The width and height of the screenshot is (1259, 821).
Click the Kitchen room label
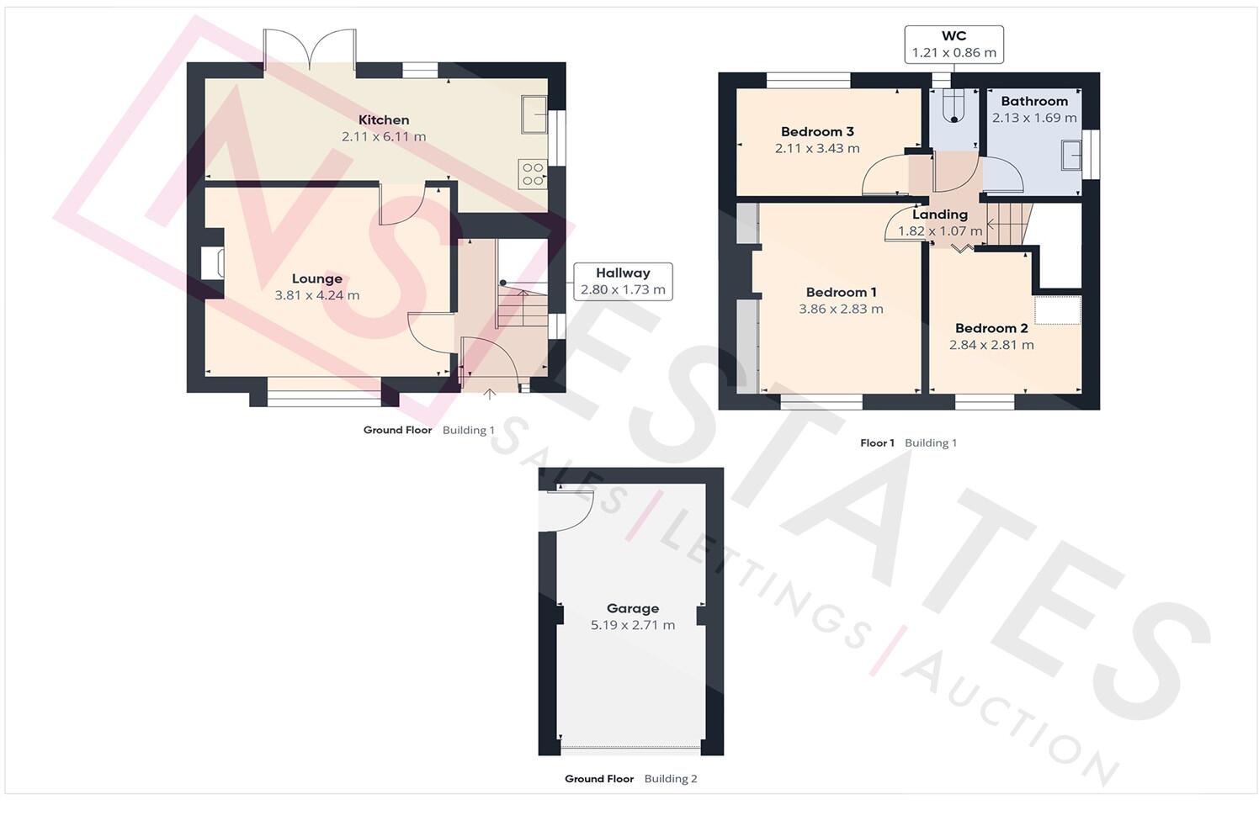(x=384, y=120)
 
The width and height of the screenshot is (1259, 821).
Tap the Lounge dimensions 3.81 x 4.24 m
(x=316, y=296)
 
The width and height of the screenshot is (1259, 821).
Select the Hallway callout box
(x=623, y=281)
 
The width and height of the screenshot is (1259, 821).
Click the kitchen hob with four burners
(x=534, y=174)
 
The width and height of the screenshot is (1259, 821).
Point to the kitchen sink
(x=534, y=115)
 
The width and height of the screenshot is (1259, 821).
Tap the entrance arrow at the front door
(x=489, y=392)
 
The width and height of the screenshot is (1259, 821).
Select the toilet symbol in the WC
(x=954, y=107)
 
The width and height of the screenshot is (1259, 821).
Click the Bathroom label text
(x=1034, y=101)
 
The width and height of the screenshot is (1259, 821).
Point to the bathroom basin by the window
(x=1071, y=155)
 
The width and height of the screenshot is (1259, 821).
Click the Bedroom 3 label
(x=817, y=131)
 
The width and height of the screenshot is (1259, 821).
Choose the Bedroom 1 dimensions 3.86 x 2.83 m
(x=841, y=309)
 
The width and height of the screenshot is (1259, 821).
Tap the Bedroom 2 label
(x=991, y=328)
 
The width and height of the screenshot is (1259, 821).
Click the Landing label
(x=940, y=215)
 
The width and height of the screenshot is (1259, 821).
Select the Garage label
(x=633, y=608)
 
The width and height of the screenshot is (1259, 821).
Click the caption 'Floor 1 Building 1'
(x=908, y=442)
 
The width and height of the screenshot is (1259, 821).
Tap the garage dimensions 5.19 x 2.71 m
(x=633, y=625)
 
